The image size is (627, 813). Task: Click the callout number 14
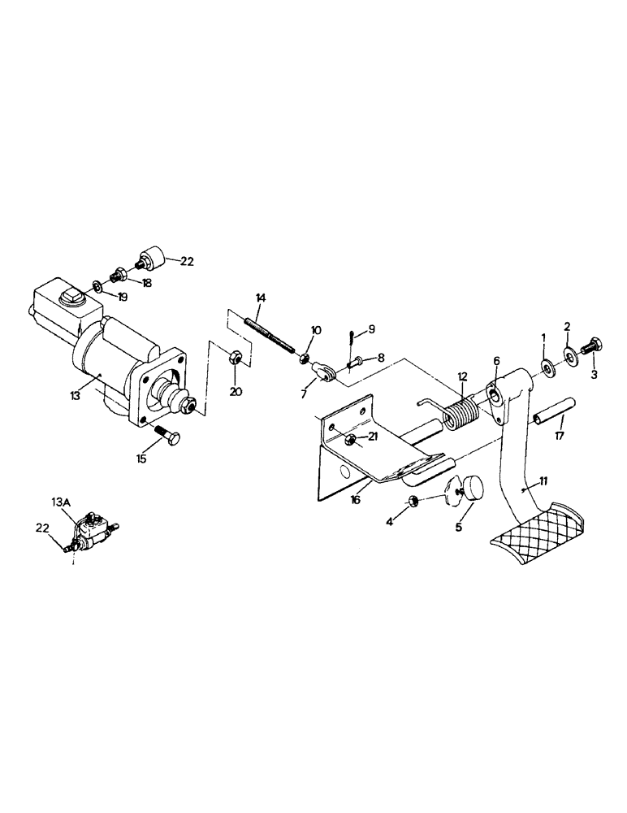pos(259,298)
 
